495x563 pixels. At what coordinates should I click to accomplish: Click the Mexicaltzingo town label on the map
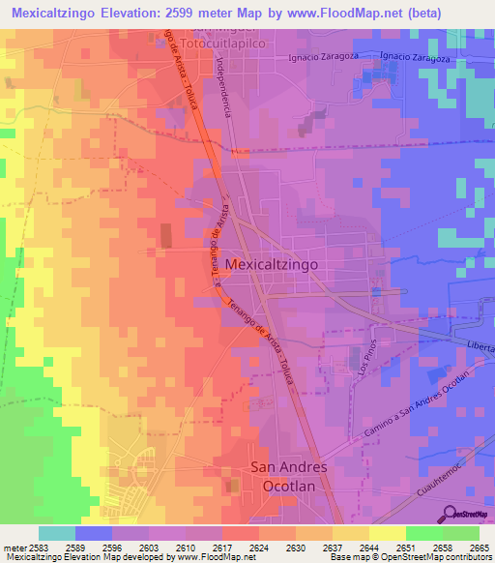[x=271, y=263]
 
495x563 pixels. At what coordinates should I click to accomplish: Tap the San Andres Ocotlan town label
[x=289, y=477]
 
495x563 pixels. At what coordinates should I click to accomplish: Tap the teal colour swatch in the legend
[x=57, y=533]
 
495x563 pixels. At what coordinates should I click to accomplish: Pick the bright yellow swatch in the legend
[x=388, y=533]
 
